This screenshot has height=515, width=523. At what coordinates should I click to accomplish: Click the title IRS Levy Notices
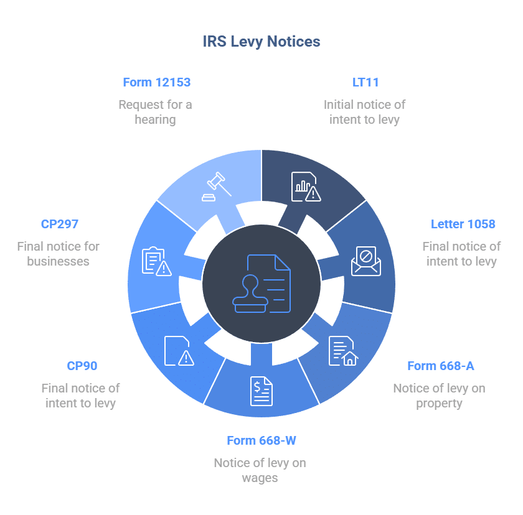pyautogui.click(x=261, y=42)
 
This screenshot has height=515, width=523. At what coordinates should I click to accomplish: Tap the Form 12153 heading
pyautogui.click(x=156, y=82)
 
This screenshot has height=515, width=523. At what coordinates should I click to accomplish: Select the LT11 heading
pyautogui.click(x=365, y=82)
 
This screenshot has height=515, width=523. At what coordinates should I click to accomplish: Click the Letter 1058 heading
pyautogui.click(x=463, y=224)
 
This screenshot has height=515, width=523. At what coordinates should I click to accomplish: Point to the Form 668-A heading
pyautogui.click(x=440, y=366)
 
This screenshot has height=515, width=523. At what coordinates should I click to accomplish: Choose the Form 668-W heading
pyautogui.click(x=261, y=440)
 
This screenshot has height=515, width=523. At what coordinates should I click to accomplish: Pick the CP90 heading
pyautogui.click(x=82, y=366)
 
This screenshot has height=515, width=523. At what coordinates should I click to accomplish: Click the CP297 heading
pyautogui.click(x=60, y=224)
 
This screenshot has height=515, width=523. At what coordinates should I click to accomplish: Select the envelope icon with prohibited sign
pyautogui.click(x=365, y=261)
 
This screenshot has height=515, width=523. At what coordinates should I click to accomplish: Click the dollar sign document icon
pyautogui.click(x=261, y=391)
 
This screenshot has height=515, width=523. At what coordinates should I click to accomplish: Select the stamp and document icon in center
pyautogui.click(x=261, y=283)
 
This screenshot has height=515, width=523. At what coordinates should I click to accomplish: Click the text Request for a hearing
pyautogui.click(x=155, y=112)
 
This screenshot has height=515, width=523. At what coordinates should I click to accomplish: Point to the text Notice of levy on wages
pyautogui.click(x=260, y=470)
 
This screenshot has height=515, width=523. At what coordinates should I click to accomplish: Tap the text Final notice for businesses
pyautogui.click(x=58, y=254)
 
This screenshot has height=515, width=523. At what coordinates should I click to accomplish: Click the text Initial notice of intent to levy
pyautogui.click(x=364, y=112)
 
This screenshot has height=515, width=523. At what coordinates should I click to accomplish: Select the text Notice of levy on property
pyautogui.click(x=439, y=396)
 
